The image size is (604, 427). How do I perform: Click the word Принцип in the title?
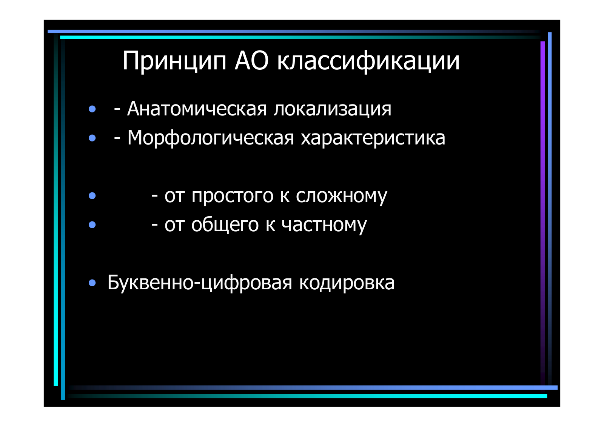pos(174,62)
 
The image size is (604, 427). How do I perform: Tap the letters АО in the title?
pos(251,61)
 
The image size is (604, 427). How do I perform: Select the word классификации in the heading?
pos(368,62)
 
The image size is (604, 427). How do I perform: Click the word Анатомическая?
pos(197,109)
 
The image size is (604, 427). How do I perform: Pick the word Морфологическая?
pos(211,138)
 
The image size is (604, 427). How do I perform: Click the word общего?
pos(225,224)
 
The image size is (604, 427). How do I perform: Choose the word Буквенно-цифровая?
pos(200,283)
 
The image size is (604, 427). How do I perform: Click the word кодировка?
pos(347,283)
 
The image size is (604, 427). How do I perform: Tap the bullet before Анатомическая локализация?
pos(92,109)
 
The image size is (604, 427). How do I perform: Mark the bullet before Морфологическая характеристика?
pos(92,138)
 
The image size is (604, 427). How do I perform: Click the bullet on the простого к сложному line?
pos(92,196)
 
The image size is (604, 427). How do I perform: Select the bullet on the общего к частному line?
pos(92,225)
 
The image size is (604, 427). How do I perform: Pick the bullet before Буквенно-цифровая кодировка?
pos(92,283)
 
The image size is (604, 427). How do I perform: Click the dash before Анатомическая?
pos(117,110)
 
